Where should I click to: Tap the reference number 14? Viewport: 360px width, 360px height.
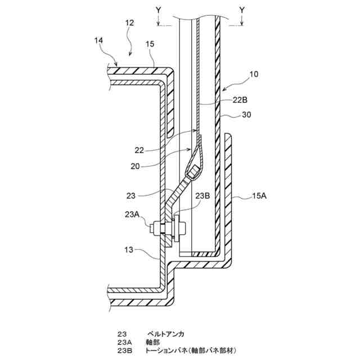pos(99,40)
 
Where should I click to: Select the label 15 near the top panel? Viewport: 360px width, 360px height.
pos(150,43)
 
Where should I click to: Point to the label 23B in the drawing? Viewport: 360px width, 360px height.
pos(203,196)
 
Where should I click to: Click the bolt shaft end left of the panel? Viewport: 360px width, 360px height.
pos(154,228)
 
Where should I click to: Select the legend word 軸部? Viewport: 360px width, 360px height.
pos(153,341)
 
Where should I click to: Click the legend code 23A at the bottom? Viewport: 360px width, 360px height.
pos(124,341)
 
